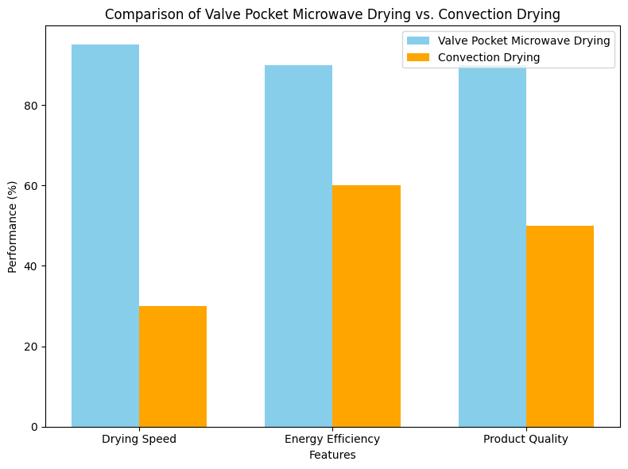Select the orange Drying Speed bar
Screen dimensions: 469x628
pyautogui.click(x=173, y=366)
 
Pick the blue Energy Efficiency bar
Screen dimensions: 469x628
pyautogui.click(x=298, y=246)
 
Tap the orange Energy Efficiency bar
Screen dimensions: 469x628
pyautogui.click(x=366, y=306)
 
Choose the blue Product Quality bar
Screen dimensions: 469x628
pyautogui.click(x=492, y=254)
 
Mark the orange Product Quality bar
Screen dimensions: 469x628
pyautogui.click(x=560, y=326)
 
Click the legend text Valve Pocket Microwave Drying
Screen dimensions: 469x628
pyautogui.click(x=524, y=41)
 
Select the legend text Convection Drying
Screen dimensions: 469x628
pyautogui.click(x=489, y=57)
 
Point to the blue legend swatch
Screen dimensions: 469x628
pyautogui.click(x=417, y=41)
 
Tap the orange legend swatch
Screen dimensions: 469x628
pyautogui.click(x=417, y=57)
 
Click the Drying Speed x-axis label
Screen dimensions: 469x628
pyautogui.click(x=139, y=440)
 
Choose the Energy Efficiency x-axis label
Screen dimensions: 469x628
pyautogui.click(x=332, y=440)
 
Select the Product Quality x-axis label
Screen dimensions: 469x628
pyautogui.click(x=525, y=440)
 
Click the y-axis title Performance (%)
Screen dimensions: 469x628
pyautogui.click(x=13, y=227)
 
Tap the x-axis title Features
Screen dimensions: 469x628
pyautogui.click(x=332, y=455)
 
